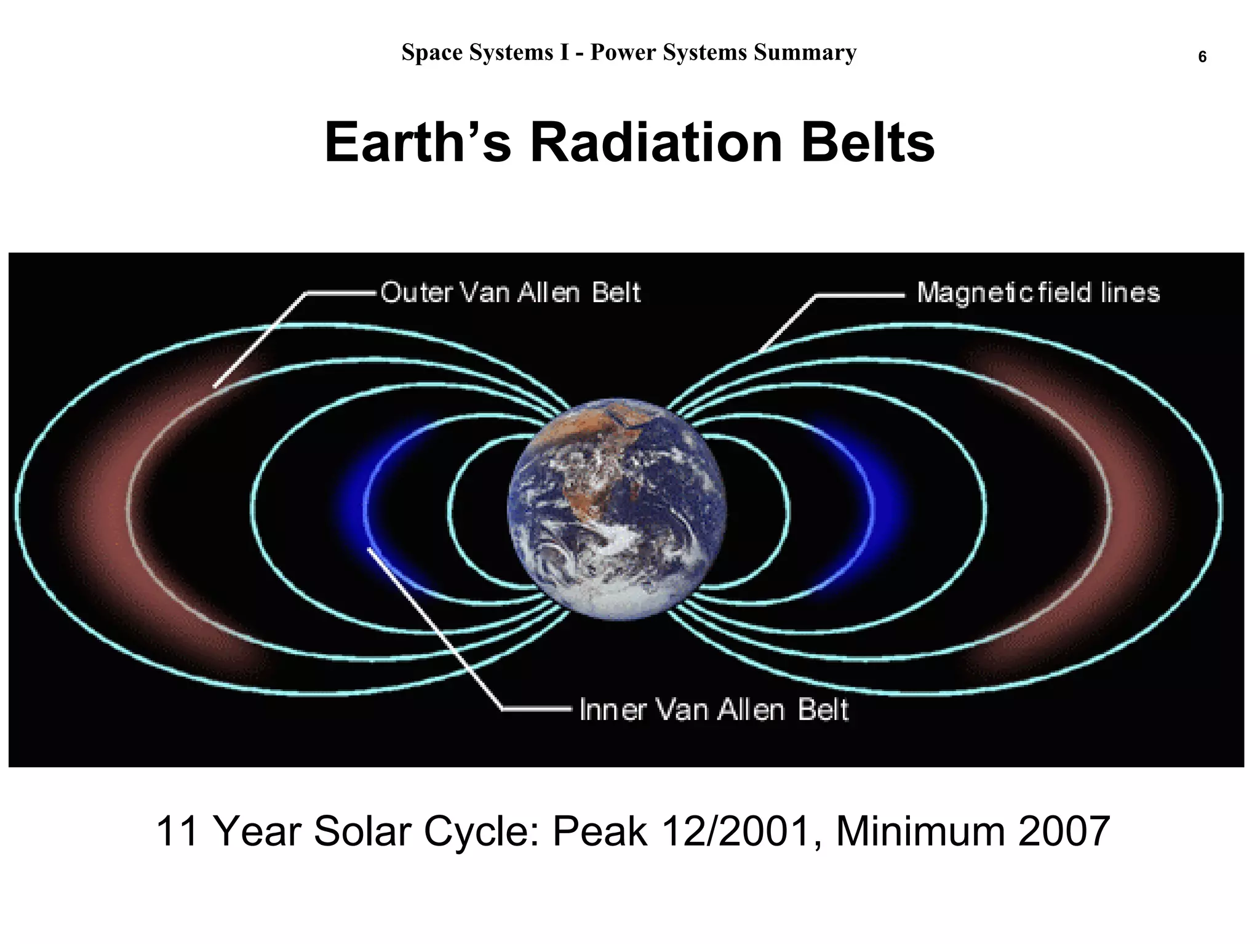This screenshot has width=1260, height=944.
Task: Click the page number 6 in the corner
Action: pos(1202,57)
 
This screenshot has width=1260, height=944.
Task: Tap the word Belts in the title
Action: pos(867,143)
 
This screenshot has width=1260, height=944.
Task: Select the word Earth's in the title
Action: pos(418,143)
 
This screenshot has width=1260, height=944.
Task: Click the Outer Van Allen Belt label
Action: pos(510,292)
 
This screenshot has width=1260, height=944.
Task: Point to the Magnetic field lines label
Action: pos(1038,292)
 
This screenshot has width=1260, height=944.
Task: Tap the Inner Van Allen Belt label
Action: pos(714,710)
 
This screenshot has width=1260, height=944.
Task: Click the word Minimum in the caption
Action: pos(921,831)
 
